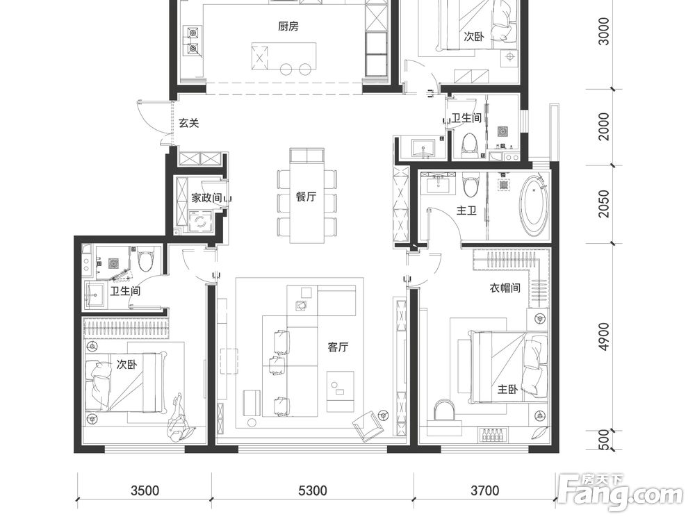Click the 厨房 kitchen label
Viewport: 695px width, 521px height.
pos(288,26)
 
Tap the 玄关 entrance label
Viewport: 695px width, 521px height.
pos(189,123)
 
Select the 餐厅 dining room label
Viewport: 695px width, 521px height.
pos(306,197)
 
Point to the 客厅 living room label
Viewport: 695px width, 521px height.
pos(338,347)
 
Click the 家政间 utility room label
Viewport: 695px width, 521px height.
pos(206,197)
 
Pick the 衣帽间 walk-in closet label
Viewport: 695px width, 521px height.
pos(505,288)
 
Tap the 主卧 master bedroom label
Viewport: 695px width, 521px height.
pos(507,390)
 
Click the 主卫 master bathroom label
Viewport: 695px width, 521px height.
pos(467,210)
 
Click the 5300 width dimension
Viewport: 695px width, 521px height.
pos(313,490)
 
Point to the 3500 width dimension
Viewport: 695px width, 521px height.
pos(145,490)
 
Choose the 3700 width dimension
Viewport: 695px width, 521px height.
pos(484,490)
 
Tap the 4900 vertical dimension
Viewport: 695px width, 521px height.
pos(604,337)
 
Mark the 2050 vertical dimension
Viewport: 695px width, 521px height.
pos(604,204)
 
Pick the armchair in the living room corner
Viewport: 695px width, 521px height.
pos(368,426)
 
